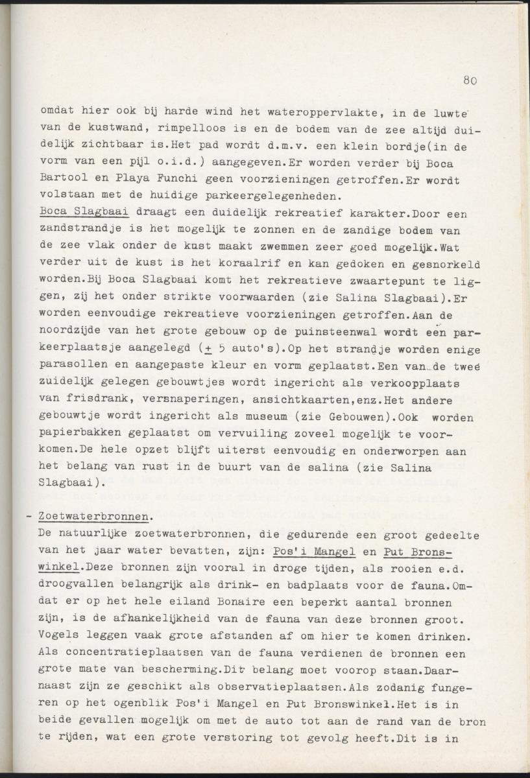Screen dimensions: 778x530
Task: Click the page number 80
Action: [x=470, y=81]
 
